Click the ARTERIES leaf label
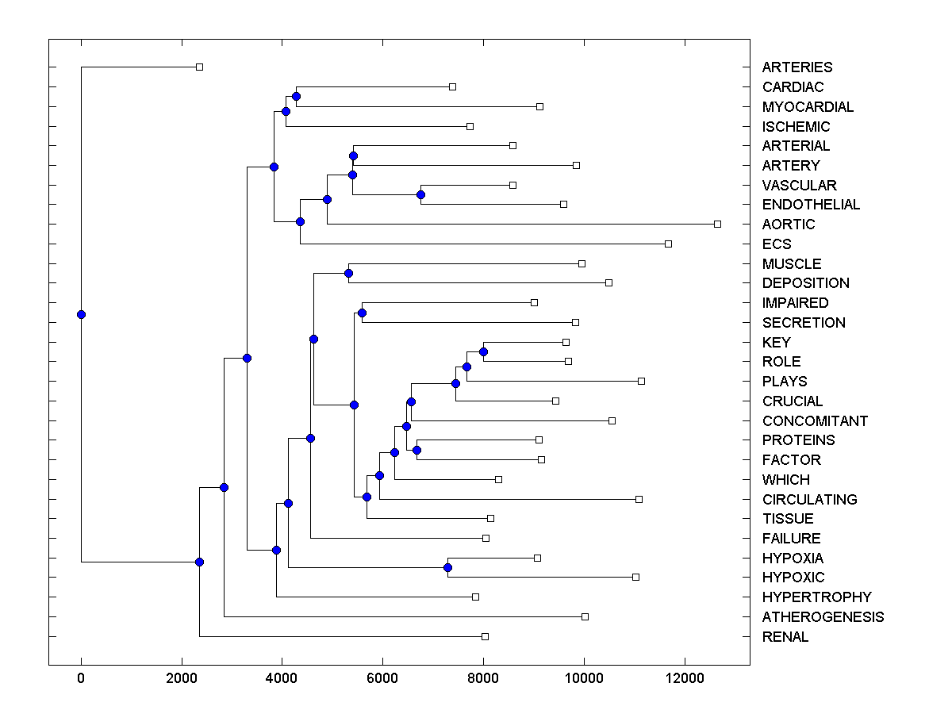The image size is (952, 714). coord(797,67)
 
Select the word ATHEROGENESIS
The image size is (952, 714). coord(823,617)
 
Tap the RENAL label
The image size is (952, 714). coord(785,637)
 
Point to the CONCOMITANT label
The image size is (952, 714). coord(815,421)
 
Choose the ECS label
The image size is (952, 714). coord(777,244)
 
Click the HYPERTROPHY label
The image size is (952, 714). coord(816,597)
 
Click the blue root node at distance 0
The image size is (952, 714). coord(81,314)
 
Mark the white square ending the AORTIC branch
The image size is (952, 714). coord(717,225)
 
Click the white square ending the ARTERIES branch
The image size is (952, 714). coord(199,67)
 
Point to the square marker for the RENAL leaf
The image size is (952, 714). coord(485,636)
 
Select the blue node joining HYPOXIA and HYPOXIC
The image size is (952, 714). coord(447,568)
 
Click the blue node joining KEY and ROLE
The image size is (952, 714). coord(483,351)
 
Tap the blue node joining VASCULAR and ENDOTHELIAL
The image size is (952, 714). coord(420,194)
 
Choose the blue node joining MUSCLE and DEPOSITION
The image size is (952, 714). coord(348,273)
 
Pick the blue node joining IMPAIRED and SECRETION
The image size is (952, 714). coord(362,313)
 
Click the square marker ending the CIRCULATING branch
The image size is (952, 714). coord(639,499)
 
